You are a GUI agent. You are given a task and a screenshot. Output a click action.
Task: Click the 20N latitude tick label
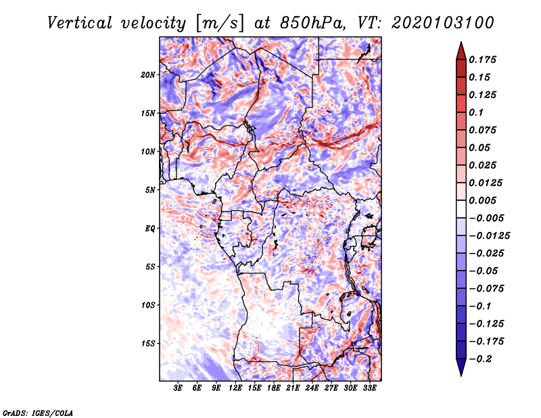(x=148, y=74)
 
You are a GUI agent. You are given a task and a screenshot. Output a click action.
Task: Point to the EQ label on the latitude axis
(x=150, y=229)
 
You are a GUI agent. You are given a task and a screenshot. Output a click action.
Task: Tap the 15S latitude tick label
(x=148, y=344)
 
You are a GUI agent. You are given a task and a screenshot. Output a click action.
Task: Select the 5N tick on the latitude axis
(x=150, y=190)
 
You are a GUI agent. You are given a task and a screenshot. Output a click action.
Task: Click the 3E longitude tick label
(x=179, y=389)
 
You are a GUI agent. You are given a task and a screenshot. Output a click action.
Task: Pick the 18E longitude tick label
(x=275, y=389)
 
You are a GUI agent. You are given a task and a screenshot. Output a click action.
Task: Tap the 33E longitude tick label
(x=370, y=389)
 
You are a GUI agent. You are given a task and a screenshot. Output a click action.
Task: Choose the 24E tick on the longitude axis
(x=312, y=389)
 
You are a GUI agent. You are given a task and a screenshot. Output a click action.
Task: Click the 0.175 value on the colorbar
(x=484, y=60)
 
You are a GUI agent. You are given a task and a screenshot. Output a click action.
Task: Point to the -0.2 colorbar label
(x=482, y=358)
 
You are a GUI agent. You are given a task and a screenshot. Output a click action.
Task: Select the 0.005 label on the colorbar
(x=484, y=200)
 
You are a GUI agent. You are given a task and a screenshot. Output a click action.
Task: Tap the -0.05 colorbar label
(x=484, y=271)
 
